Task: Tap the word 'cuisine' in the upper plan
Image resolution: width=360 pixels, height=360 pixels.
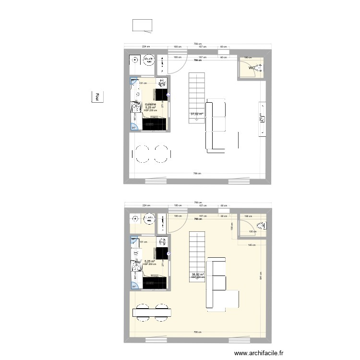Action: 151,104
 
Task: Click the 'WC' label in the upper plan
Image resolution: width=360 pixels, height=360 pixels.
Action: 251,68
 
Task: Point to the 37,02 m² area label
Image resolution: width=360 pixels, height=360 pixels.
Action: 196,114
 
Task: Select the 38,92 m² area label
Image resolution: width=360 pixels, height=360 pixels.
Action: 198,275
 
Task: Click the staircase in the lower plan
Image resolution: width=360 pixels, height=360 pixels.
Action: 197,257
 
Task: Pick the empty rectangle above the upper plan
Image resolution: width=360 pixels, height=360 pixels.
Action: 142,25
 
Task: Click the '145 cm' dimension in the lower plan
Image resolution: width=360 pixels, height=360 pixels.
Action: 252,245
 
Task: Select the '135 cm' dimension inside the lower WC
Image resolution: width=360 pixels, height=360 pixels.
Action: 252,232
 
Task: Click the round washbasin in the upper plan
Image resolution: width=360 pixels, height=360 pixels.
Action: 135,60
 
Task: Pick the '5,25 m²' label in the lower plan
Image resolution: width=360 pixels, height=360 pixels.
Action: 150,262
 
